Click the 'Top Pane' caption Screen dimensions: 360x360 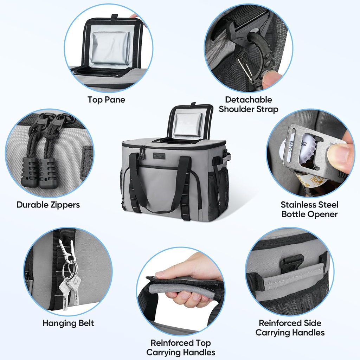106,99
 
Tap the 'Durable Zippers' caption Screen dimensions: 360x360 48,205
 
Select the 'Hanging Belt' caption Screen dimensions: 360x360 68,323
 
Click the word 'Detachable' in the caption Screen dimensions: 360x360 249,99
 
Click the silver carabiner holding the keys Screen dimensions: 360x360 67,250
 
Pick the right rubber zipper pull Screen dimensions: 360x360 48,173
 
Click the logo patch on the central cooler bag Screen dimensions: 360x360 159,156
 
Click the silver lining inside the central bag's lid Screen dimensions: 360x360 188,125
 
